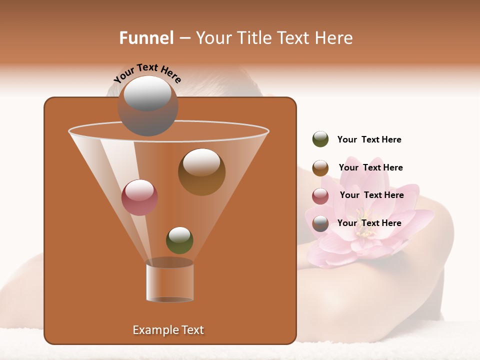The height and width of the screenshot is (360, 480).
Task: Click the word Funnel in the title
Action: point(146,38)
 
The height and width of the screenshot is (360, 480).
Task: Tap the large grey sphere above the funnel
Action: point(148,105)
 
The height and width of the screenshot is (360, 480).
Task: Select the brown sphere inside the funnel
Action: point(201,171)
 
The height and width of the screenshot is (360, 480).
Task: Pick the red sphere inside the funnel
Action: point(139,197)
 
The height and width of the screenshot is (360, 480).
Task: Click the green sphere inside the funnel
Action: point(179,240)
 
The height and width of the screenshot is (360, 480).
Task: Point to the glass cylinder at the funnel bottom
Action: point(169,282)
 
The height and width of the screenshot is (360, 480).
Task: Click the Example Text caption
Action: point(168,330)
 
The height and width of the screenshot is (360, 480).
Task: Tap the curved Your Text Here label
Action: point(147,73)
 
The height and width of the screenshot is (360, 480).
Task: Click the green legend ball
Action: point(320,139)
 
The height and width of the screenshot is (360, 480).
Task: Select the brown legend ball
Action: point(320,167)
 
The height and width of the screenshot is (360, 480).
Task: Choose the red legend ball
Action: point(320,196)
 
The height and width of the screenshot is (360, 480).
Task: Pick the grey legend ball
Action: point(320,223)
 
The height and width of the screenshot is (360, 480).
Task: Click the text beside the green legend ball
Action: point(369,139)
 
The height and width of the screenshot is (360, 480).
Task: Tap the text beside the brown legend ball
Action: point(370,167)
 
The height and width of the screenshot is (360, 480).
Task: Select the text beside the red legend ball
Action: point(371,195)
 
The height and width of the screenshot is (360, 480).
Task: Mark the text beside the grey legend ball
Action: point(369,223)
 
